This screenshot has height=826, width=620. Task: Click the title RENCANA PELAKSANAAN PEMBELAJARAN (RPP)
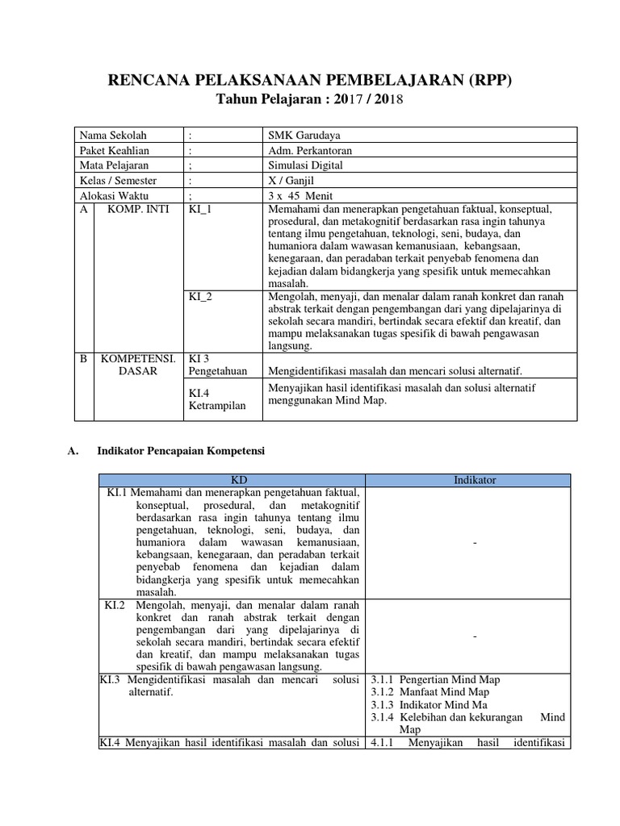pos(310,80)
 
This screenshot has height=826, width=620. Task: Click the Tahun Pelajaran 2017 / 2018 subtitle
pos(310,99)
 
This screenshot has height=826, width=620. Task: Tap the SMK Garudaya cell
pos(300,135)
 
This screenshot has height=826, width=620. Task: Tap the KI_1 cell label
pos(199,209)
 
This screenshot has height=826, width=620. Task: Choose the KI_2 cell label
pos(199,297)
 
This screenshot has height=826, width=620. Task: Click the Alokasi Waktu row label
pos(115,196)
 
